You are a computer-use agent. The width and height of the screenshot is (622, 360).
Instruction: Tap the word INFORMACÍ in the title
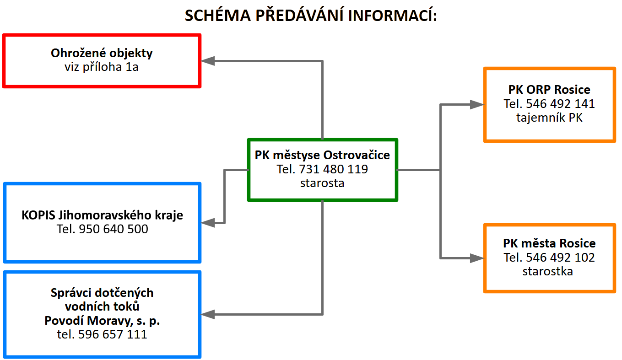coord(392,15)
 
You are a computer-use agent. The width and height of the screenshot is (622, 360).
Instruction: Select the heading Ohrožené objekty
coord(102,53)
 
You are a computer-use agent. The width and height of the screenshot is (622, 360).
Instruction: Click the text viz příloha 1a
coord(101,67)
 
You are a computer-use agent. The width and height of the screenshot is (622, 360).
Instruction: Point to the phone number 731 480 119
coord(333,169)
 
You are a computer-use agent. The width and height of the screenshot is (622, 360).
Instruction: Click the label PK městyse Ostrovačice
coord(322,155)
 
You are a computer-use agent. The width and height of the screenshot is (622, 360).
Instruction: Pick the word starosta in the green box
coord(322,183)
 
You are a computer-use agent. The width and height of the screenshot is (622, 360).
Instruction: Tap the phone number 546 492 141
coord(560,104)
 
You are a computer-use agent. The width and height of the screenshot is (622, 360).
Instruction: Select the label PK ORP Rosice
coord(549,90)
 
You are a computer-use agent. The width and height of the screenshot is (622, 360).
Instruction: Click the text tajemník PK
coord(549,118)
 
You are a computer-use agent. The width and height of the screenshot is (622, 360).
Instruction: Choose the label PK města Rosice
coord(549,243)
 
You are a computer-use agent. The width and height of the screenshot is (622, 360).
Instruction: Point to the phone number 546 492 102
coord(560,258)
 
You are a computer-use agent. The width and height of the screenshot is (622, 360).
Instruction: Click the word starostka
coord(547,271)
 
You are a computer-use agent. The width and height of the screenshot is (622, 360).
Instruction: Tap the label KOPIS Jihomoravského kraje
coord(102,215)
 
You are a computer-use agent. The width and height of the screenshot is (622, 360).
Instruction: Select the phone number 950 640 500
coord(114,229)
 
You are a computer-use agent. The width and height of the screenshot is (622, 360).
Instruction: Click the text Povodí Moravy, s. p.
coord(102,321)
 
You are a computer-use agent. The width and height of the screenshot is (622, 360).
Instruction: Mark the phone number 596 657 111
coord(113,334)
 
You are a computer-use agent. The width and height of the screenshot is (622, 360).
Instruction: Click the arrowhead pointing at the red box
coord(208,61)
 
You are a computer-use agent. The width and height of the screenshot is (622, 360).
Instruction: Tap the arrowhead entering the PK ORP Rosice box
coord(477,104)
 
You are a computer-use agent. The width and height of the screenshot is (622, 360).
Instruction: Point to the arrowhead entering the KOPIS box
coord(208,223)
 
